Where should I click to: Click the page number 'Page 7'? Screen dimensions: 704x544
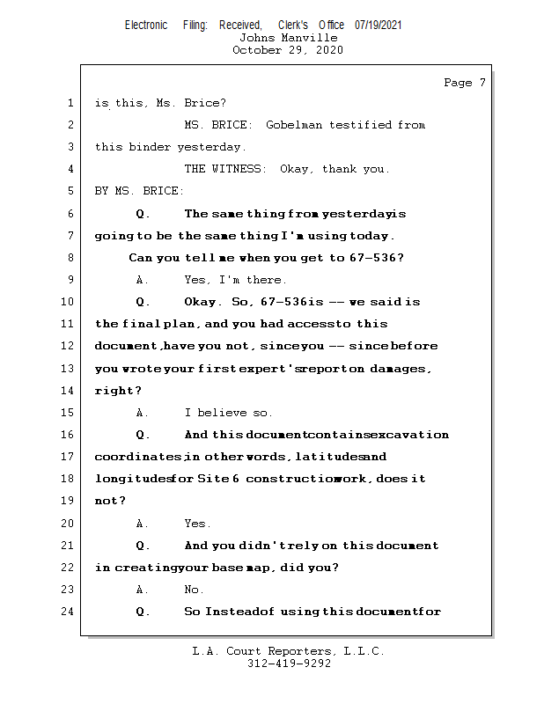click(x=464, y=83)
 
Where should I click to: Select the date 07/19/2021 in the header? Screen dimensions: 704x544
click(x=378, y=26)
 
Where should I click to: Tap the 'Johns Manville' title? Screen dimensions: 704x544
click(x=288, y=38)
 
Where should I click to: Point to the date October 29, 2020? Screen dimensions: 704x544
click(x=288, y=50)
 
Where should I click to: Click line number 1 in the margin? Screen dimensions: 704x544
click(x=70, y=103)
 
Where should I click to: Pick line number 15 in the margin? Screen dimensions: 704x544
click(x=66, y=413)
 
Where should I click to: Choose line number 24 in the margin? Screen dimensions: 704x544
click(x=66, y=612)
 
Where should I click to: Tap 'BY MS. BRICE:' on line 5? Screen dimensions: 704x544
click(x=139, y=191)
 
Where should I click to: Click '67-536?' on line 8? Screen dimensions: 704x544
click(x=375, y=258)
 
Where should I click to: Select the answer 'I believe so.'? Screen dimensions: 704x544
click(x=228, y=413)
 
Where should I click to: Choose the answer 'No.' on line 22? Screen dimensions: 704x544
click(x=194, y=590)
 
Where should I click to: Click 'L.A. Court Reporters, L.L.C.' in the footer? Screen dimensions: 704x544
click(x=288, y=651)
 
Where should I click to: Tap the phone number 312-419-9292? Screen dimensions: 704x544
click(x=288, y=664)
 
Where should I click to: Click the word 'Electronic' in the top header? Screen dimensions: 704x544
click(x=145, y=26)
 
